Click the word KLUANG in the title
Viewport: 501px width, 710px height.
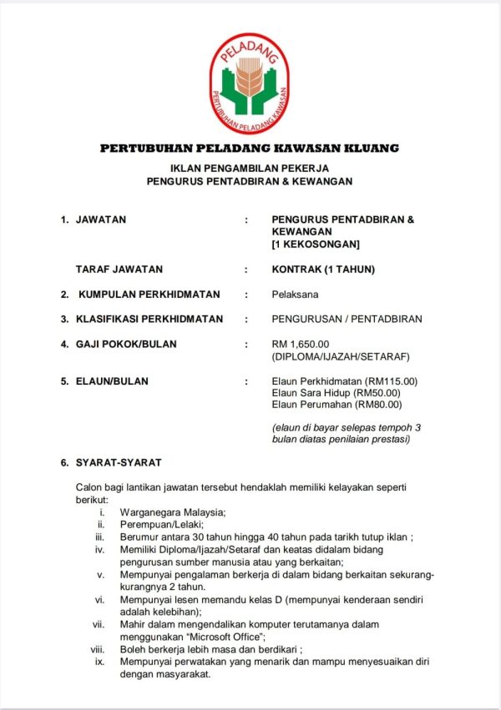point(370,149)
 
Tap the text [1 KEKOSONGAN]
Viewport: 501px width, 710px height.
point(316,244)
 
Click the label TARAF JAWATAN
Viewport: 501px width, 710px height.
point(119,269)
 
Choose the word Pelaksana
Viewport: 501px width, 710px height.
point(295,294)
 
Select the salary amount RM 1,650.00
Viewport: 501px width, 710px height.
point(301,344)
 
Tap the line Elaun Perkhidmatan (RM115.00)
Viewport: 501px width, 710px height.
point(344,381)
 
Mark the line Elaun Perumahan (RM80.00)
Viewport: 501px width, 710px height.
point(337,405)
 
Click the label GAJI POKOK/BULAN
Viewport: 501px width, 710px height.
point(126,344)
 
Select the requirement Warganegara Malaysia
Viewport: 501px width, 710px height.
point(173,511)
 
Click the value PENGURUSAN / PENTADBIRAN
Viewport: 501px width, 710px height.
point(347,319)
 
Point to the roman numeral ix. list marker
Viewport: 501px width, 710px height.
point(99,662)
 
